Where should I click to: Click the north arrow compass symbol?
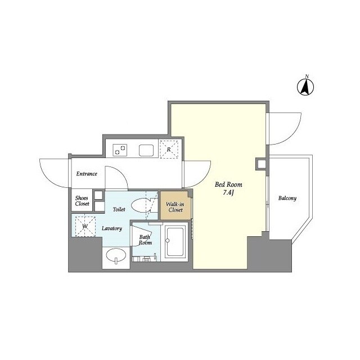point(305,86)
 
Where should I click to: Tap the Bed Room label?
point(228,184)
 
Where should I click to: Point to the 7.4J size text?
point(228,192)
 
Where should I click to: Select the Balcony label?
point(287,198)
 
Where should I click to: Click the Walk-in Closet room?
point(175,205)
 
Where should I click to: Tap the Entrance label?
point(87,174)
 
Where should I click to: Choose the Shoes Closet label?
point(82,201)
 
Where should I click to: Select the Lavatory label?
point(112,228)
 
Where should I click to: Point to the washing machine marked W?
point(85,226)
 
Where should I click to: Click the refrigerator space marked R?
point(169,149)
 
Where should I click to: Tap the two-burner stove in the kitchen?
point(120,150)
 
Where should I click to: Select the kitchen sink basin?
point(146,150)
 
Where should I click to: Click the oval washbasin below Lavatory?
point(116,255)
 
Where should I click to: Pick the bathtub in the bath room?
point(175,241)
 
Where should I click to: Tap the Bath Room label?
point(145,240)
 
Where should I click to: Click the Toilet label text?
point(119,209)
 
